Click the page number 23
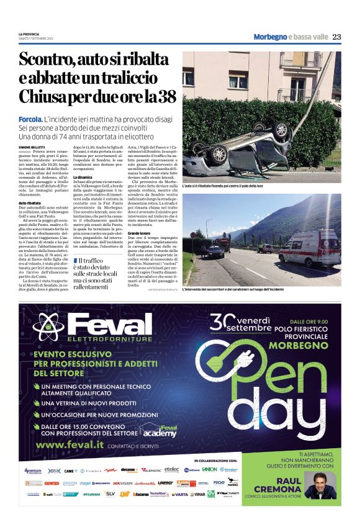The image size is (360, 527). [336, 37]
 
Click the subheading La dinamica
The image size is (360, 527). [84, 178]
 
